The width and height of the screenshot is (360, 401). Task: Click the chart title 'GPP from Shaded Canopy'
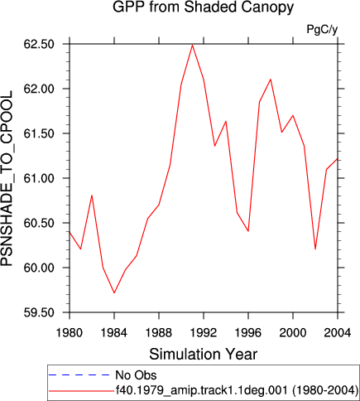pyautogui.click(x=203, y=7)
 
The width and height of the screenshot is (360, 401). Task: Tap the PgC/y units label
pyautogui.click(x=322, y=29)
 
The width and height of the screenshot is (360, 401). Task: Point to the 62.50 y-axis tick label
pyautogui.click(x=39, y=44)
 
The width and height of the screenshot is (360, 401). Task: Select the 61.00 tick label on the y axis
pyautogui.click(x=39, y=178)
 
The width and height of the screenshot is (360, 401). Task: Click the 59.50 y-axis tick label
pyautogui.click(x=39, y=312)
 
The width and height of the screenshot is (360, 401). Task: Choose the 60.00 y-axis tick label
pyautogui.click(x=39, y=268)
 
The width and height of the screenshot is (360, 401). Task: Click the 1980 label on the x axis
pyautogui.click(x=70, y=333)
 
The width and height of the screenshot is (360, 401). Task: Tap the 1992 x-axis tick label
pyautogui.click(x=204, y=333)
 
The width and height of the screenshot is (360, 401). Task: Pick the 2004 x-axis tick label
pyautogui.click(x=338, y=333)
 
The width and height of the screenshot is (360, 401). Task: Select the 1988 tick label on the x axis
pyautogui.click(x=159, y=333)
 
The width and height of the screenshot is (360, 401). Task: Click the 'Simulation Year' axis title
pyautogui.click(x=204, y=354)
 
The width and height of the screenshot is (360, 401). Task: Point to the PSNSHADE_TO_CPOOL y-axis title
pyautogui.click(x=7, y=178)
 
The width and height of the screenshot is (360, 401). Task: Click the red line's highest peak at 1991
pyautogui.click(x=193, y=45)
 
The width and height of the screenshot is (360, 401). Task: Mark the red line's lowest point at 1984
pyautogui.click(x=114, y=292)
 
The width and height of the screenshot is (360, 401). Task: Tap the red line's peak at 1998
pyautogui.click(x=271, y=80)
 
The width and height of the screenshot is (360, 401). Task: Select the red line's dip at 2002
pyautogui.click(x=315, y=249)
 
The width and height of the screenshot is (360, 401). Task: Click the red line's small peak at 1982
pyautogui.click(x=92, y=196)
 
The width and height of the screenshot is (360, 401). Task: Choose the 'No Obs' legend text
pyautogui.click(x=136, y=375)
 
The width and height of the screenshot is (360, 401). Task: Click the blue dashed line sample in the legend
pyautogui.click(x=79, y=374)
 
